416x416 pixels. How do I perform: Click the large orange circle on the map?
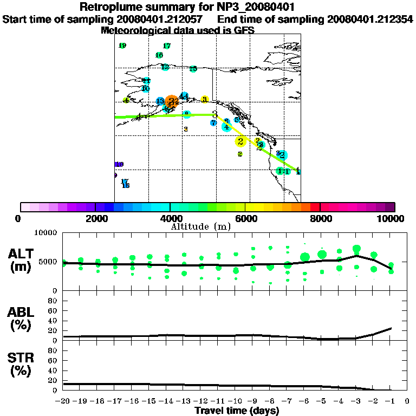(x=172, y=101)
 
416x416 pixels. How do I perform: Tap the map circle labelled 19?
(x=122, y=46)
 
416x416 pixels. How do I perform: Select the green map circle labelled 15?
(x=193, y=69)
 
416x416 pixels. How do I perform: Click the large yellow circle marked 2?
(x=240, y=141)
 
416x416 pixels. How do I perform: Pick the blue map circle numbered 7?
(x=214, y=123)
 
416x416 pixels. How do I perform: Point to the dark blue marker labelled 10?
(x=119, y=164)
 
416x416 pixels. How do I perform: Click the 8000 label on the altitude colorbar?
(x=320, y=219)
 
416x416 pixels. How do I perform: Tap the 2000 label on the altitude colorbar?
(x=95, y=219)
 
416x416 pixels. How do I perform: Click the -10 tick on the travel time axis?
(x=236, y=401)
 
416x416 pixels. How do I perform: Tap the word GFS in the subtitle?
(x=244, y=30)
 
